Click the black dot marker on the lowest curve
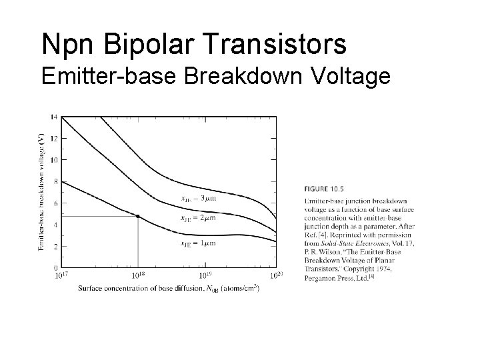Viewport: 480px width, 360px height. click(x=138, y=216)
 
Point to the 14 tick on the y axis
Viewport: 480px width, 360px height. click(x=53, y=117)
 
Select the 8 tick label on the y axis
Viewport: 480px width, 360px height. click(x=54, y=181)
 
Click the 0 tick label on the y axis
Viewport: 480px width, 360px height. click(x=54, y=267)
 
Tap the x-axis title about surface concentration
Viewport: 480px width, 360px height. click(x=168, y=288)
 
